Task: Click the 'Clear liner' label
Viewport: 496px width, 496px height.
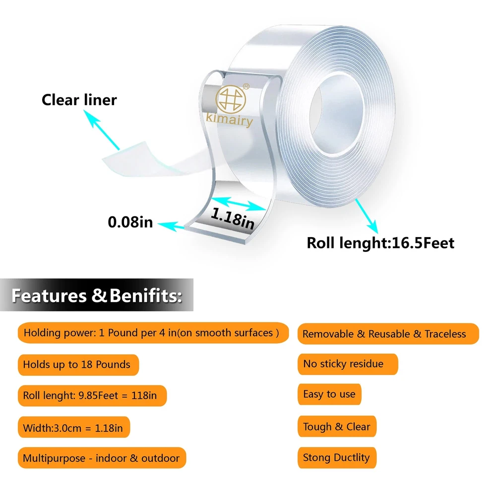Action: (x=79, y=100)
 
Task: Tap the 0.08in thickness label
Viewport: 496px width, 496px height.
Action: (x=130, y=222)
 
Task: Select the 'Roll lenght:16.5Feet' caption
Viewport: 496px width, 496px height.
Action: (x=380, y=243)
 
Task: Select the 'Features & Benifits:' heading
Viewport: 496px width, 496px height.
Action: (x=96, y=296)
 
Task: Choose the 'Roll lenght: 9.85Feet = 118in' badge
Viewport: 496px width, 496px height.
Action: (x=90, y=396)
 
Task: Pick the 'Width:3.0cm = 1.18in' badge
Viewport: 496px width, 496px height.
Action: (x=73, y=427)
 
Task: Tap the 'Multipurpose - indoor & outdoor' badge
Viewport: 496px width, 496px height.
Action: (x=101, y=458)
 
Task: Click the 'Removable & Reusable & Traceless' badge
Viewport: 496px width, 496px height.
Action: (x=384, y=334)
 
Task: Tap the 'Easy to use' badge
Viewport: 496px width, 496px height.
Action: (x=329, y=395)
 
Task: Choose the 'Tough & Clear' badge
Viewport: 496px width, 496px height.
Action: (x=337, y=427)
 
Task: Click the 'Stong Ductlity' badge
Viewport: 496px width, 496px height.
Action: (x=336, y=457)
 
